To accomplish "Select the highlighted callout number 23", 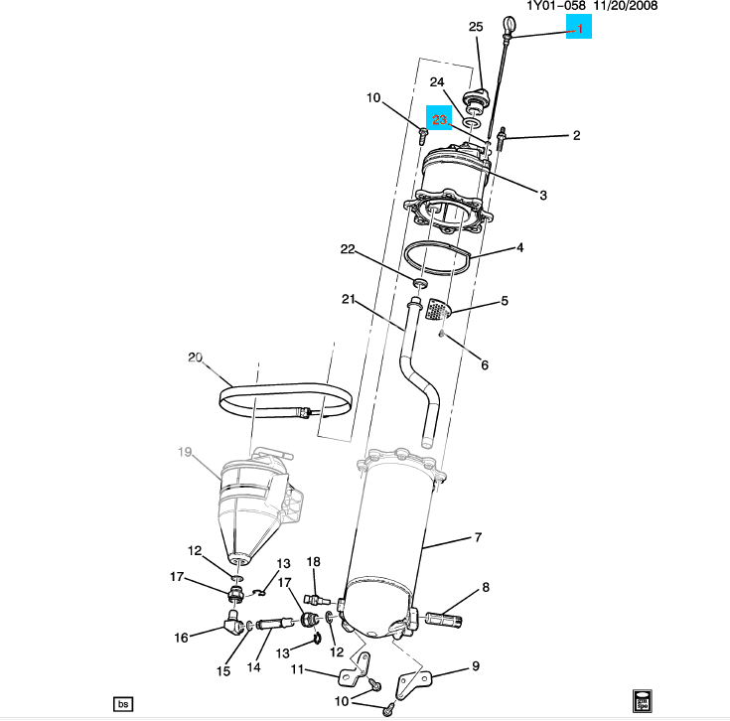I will [440, 118].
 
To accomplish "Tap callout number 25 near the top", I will [475, 26].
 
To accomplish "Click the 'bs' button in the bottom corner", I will [123, 704].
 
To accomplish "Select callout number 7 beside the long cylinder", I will [478, 537].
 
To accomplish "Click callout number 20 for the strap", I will [195, 358].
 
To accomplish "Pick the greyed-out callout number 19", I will [185, 452].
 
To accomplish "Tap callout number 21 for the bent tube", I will [348, 299].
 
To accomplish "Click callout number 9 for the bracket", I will [475, 665].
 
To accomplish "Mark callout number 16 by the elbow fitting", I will [182, 638].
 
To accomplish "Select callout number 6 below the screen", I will [485, 364].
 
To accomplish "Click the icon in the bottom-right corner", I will [643, 701].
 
